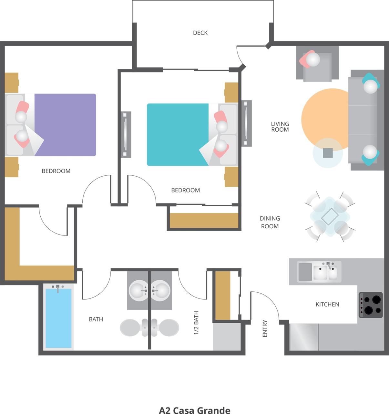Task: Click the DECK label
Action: [200, 33]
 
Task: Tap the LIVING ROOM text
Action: [280, 126]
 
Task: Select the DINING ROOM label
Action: [270, 222]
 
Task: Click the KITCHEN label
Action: [327, 304]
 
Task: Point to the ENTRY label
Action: [265, 328]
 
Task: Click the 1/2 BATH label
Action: [196, 322]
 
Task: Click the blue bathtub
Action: [58, 318]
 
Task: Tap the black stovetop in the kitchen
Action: [371, 305]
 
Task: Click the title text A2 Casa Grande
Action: [194, 410]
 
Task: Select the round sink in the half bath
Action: [160, 290]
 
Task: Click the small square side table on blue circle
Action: [328, 153]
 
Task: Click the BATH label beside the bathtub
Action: [96, 319]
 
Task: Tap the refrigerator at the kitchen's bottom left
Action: [303, 337]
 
